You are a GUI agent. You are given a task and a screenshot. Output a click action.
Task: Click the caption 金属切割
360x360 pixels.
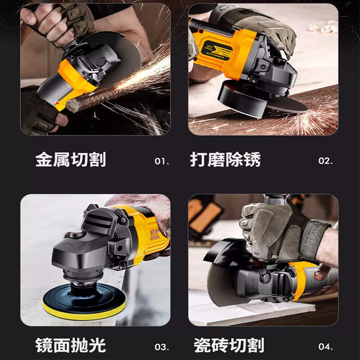coord(71,160)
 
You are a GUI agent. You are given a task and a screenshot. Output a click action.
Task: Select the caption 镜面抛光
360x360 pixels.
coord(71,346)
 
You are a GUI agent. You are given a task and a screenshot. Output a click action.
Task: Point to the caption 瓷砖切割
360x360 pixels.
coord(229,346)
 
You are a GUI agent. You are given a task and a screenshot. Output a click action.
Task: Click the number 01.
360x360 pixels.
coord(162,161)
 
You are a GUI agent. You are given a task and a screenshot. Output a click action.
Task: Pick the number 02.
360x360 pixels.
coord(325,161)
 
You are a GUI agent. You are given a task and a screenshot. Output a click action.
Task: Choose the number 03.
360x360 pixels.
coord(162,347)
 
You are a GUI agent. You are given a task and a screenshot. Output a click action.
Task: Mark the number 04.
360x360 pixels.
coord(325,347)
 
